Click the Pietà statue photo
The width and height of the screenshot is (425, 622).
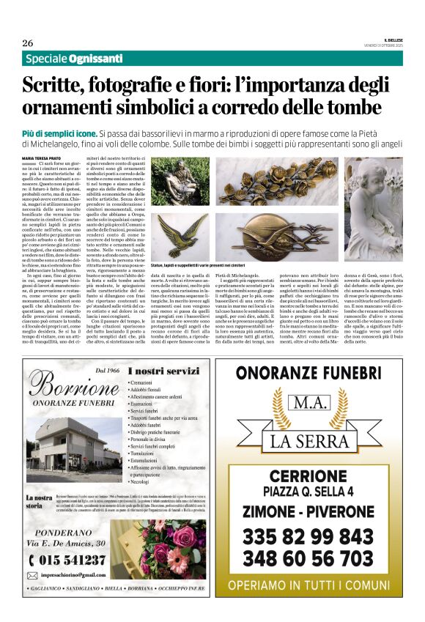[180, 182]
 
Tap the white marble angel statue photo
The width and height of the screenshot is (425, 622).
[374, 209]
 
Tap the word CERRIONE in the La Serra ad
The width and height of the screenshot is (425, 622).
[308, 477]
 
